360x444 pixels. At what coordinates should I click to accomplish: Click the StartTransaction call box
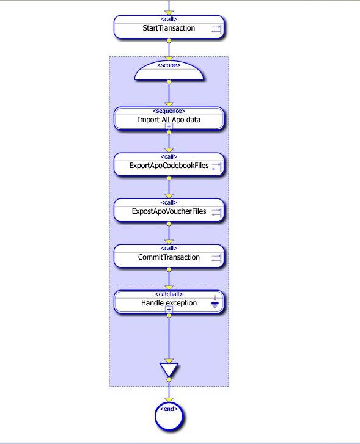coord(169,27)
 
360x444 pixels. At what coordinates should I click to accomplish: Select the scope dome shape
coord(169,71)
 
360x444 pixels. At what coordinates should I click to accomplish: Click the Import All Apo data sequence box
coord(169,118)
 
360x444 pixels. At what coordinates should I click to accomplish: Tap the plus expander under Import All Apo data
coord(169,126)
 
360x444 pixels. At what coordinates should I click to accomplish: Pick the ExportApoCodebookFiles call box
coord(169,164)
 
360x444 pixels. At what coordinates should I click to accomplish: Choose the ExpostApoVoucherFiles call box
coord(169,210)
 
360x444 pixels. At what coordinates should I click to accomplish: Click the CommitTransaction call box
coord(169,256)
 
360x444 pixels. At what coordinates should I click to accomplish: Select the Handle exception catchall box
coord(169,302)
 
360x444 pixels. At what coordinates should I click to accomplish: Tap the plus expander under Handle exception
coord(169,310)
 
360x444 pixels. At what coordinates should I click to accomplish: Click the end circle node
coord(169,416)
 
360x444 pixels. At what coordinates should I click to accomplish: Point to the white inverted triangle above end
coord(169,369)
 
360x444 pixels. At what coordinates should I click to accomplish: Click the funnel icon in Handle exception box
coord(215,302)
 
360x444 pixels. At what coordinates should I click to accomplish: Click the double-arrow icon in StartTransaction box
coord(216,29)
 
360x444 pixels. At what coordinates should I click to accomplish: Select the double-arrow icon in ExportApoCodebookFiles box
coord(216,166)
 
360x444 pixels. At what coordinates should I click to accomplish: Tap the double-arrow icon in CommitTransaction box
coord(216,258)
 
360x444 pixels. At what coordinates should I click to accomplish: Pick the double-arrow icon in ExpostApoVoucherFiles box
coord(216,212)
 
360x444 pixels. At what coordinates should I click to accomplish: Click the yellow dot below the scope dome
coord(169,82)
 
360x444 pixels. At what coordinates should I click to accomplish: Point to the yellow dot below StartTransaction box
coord(169,41)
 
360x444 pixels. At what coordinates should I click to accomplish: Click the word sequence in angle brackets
coord(169,111)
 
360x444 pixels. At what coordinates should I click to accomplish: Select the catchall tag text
coord(169,294)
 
